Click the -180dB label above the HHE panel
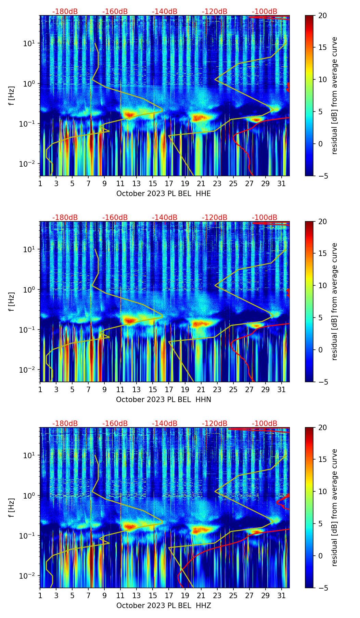65,12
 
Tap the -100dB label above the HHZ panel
265,424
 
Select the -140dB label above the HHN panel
165,218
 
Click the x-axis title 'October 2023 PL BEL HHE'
164,194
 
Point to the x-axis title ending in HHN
164,400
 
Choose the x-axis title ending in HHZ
164,606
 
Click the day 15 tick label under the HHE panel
153,183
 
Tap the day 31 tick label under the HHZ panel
282,595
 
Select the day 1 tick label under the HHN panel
40,389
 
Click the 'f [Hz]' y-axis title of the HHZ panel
12,508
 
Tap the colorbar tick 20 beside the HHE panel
322,15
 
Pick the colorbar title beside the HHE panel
335,95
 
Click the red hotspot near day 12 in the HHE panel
129,115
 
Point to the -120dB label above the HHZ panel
215,424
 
